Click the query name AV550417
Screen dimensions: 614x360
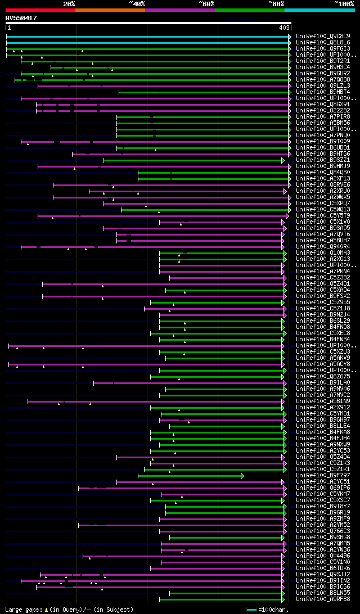click(x=21, y=18)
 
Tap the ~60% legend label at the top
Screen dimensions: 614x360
click(x=206, y=3)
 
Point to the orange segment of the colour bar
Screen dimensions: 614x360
click(x=110, y=10)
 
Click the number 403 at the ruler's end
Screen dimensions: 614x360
click(x=284, y=28)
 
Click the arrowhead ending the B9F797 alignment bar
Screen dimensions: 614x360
click(x=242, y=476)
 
